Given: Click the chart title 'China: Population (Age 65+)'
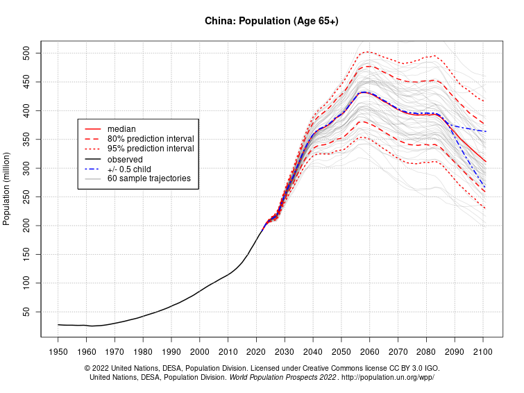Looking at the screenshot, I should point(271,21).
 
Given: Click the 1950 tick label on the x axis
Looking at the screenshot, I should point(58,352).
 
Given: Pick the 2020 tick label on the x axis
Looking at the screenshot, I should point(256,352).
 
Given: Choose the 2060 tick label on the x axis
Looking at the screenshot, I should point(369,352).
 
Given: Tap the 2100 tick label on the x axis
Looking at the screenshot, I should point(482,352).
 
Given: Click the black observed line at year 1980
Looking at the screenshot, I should point(143,317).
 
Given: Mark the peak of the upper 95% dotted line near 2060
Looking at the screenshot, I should point(368,51).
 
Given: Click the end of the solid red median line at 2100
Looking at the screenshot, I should point(485,161).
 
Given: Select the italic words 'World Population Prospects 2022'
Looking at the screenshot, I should point(282,378).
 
